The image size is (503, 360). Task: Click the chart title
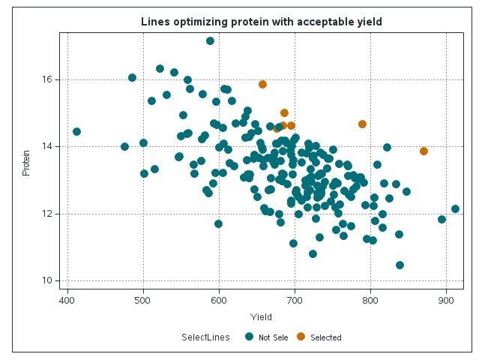point(262,22)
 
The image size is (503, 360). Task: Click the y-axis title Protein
point(26,163)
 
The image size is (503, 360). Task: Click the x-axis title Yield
point(262,317)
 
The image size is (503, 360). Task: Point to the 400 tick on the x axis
point(67,301)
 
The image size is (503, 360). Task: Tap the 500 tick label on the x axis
point(143,301)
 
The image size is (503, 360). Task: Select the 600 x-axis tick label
point(219,301)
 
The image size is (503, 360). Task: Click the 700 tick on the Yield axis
point(295,301)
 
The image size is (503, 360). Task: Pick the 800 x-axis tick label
point(370,301)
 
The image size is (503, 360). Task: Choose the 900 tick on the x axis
point(446,301)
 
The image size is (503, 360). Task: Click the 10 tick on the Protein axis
point(46,280)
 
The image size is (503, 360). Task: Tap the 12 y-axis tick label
point(46,214)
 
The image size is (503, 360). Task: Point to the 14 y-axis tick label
point(46,146)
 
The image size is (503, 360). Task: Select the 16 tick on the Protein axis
point(46,79)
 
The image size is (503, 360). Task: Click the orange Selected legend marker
point(301,337)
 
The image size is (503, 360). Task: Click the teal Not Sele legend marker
point(249,337)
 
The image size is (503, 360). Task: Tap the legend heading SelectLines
point(205,337)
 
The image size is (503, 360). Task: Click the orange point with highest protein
point(262,84)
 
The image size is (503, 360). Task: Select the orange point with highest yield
point(424,151)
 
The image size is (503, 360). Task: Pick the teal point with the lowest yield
point(76,131)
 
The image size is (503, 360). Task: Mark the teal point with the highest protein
point(210,40)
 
